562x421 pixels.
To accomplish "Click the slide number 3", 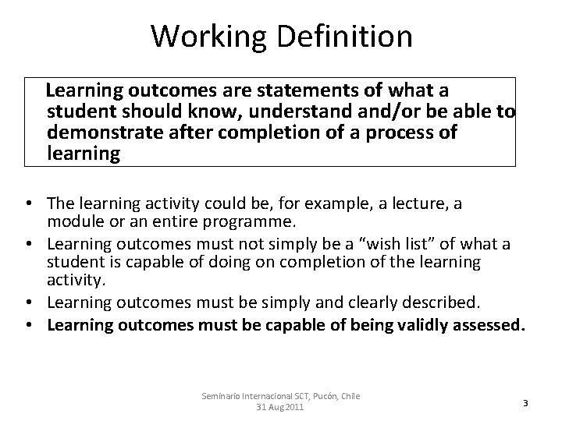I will [x=525, y=402].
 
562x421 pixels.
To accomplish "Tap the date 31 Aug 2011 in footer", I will [x=281, y=409].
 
